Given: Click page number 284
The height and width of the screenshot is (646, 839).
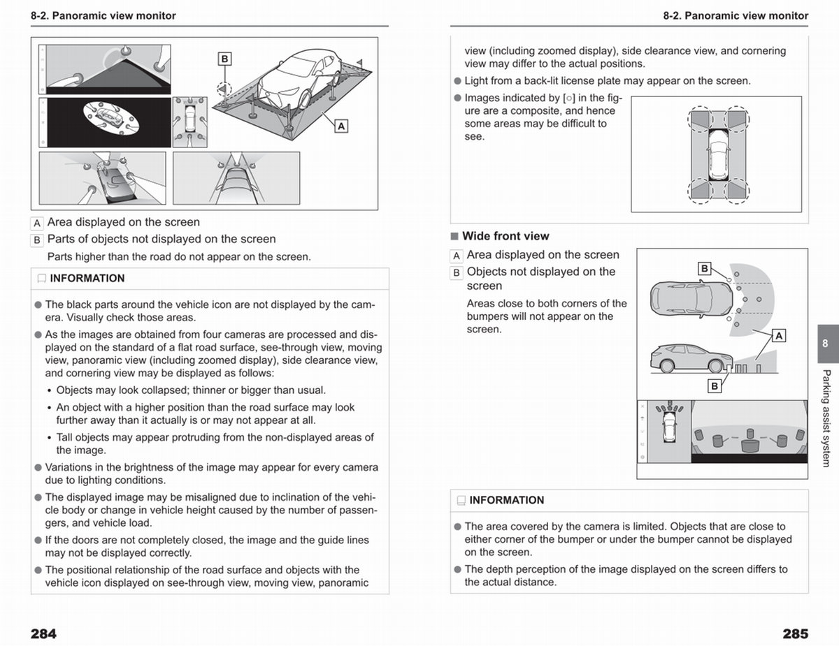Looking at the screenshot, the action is click(43, 633).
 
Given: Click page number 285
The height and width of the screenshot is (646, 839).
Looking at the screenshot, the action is click(796, 633).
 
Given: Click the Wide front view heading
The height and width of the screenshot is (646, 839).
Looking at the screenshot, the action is click(505, 236).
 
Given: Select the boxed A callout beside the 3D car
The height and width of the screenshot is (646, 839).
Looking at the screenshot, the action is click(341, 126).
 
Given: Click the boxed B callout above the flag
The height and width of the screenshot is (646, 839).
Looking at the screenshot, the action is click(224, 59).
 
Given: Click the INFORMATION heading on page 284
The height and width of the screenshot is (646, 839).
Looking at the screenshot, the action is click(87, 278).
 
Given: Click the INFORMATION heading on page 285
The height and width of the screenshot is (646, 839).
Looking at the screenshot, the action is click(507, 500).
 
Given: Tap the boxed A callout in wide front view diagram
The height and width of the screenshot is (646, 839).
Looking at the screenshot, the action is click(779, 336).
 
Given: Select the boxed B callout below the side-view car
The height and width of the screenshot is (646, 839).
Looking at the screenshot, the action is click(715, 386).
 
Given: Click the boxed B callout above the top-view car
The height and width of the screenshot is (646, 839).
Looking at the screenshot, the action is click(705, 268).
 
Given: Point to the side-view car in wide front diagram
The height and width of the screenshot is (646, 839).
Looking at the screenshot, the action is click(691, 358).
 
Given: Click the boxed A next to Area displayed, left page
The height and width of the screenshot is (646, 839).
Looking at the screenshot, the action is click(37, 223).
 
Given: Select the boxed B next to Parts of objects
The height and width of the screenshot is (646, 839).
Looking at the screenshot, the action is click(37, 240).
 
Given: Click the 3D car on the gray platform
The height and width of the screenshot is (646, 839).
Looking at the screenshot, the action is click(299, 78).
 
